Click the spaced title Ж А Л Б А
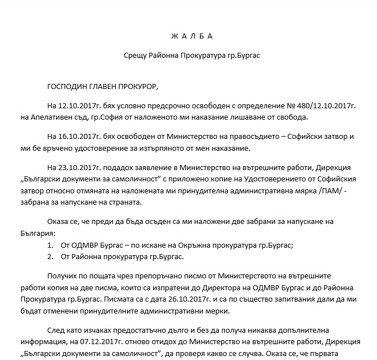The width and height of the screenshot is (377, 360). [192, 36]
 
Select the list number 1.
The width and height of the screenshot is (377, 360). [51, 245]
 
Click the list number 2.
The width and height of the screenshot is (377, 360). [51, 257]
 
